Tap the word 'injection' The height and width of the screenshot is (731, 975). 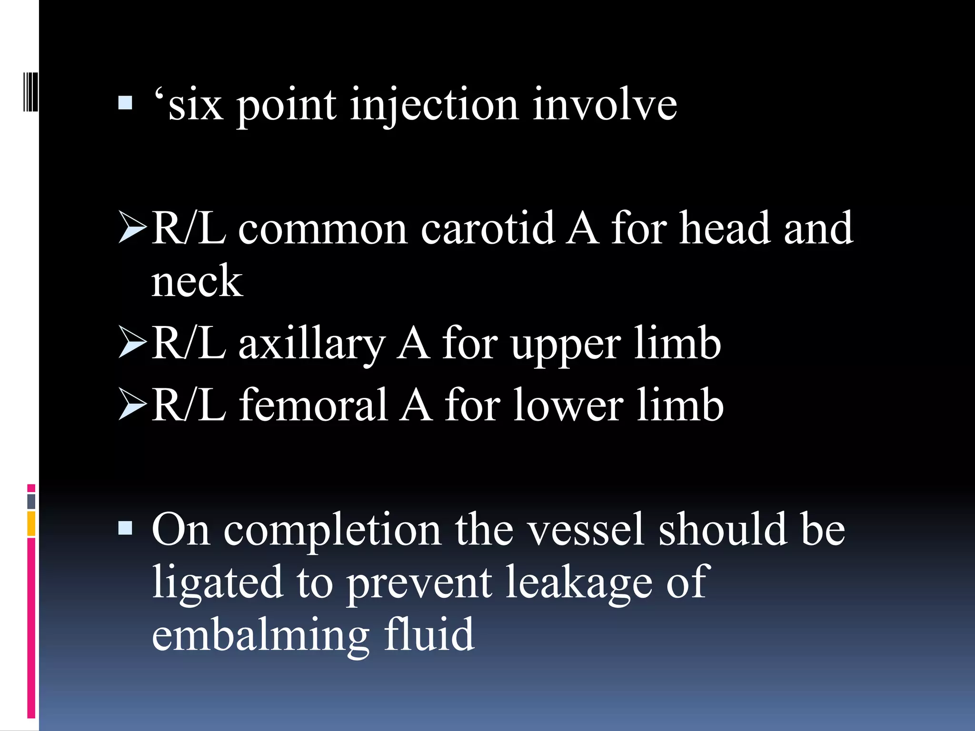434,106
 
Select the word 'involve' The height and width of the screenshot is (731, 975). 605,105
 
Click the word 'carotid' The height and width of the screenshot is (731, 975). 487,229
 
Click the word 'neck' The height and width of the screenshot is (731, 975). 197,282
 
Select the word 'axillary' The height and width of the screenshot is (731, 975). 312,345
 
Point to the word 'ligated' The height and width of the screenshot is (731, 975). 217,583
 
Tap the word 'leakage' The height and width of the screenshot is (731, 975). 578,583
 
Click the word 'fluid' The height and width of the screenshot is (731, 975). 429,635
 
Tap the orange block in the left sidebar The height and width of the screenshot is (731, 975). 31,524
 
